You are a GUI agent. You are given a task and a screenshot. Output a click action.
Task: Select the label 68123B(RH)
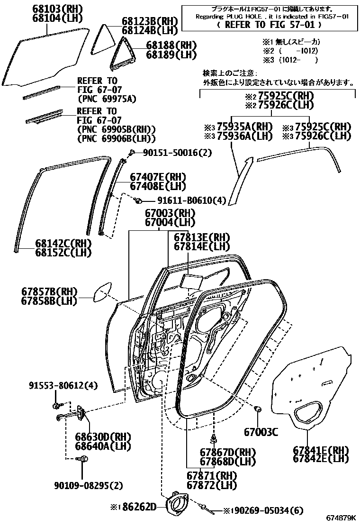149,21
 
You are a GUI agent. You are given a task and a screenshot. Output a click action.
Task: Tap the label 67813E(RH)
201,237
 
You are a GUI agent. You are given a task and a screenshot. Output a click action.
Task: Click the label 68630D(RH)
103,436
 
